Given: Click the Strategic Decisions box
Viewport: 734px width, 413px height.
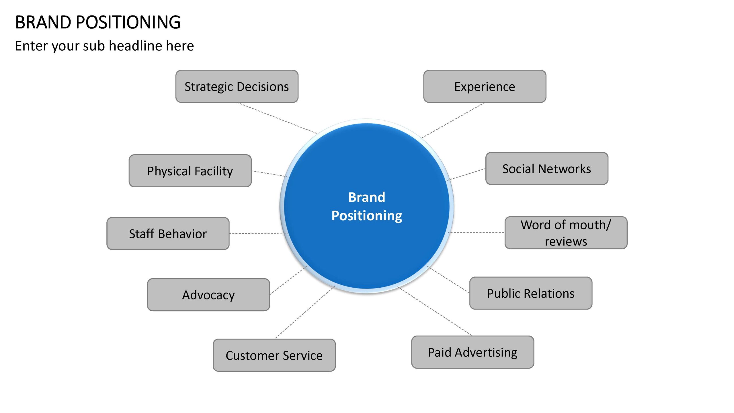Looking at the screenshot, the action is coord(237,86).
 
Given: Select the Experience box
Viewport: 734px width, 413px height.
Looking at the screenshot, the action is coord(485,86).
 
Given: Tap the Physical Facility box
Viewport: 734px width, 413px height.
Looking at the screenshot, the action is coord(190,171).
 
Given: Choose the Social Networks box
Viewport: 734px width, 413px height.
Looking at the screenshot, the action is coord(547,169).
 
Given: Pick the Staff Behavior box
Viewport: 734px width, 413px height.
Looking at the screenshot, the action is coord(168,233).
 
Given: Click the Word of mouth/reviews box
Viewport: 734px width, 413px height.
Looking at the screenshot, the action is coord(566,233).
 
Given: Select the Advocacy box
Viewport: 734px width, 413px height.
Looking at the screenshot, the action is coord(208,295).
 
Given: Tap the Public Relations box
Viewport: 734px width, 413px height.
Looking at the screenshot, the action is coord(531,293).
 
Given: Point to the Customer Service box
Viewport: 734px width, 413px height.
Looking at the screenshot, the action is coord(274,355).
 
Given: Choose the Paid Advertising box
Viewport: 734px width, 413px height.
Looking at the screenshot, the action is coord(473,352).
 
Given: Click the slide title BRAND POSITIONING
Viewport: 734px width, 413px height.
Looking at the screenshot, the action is coord(98,22).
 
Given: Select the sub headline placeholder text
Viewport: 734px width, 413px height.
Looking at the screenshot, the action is coord(104,46).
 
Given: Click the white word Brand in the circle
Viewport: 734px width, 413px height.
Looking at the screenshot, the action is coord(367,197).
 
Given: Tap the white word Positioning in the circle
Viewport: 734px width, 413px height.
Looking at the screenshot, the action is coord(367,216).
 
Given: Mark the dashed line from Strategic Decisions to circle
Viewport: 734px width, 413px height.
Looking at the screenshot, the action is coord(277,118).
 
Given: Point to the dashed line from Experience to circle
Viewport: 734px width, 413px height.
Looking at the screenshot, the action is coord(453,120).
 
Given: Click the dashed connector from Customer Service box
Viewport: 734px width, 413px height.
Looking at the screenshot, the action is coord(305,312).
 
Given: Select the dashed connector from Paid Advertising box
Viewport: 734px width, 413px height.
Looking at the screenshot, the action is coord(435,311).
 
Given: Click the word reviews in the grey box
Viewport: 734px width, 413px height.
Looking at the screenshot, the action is coord(566,241).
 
